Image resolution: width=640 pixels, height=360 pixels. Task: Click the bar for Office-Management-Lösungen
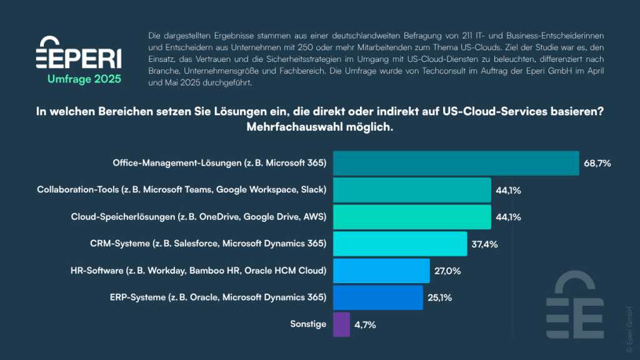[x=456, y=163]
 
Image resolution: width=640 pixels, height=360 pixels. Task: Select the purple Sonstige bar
[x=341, y=324]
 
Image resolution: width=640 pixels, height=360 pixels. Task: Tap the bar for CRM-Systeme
[x=400, y=244]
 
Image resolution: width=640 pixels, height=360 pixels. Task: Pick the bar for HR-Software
[x=381, y=271]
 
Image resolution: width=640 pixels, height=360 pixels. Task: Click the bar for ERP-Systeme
[x=378, y=297]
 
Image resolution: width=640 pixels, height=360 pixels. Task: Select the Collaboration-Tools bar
[x=412, y=190]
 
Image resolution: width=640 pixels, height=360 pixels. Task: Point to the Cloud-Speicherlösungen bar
[x=412, y=217]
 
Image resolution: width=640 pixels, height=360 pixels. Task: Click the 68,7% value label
[x=597, y=163]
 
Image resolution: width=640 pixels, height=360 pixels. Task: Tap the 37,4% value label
[x=485, y=244]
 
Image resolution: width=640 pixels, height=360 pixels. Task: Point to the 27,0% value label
[x=447, y=271]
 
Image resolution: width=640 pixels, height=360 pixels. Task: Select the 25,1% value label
[x=441, y=297]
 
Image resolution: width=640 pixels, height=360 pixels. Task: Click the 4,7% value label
[x=366, y=324]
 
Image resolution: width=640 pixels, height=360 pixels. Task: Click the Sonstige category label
[x=308, y=324]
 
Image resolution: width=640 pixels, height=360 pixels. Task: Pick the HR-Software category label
[x=199, y=271]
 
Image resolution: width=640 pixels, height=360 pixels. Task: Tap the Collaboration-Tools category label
[x=182, y=190]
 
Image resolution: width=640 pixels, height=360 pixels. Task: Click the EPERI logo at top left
[x=79, y=53]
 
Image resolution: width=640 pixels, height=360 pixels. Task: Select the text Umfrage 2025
[x=84, y=79]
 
